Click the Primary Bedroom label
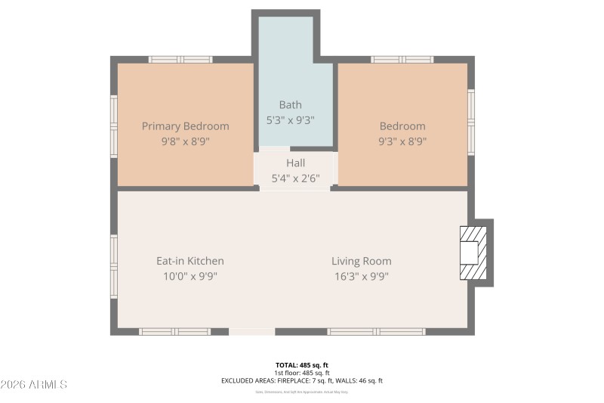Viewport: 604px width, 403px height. [185, 126]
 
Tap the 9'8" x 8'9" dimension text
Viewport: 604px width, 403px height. [185, 141]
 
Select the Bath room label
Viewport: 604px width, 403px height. [290, 105]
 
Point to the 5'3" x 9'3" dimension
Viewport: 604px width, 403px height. [290, 119]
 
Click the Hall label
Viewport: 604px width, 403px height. [295, 163]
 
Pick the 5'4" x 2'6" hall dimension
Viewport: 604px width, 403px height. [295, 178]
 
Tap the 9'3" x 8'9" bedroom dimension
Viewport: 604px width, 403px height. [402, 141]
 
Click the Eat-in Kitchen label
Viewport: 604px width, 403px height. [190, 261]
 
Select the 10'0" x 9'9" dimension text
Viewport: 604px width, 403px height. [190, 276]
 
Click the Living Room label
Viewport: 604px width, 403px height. [361, 261]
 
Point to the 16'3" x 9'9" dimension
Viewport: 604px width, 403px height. [361, 276]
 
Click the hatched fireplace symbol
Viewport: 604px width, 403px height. [474, 253]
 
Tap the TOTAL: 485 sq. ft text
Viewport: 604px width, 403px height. [302, 364]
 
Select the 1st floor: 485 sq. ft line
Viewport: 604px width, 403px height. [302, 373]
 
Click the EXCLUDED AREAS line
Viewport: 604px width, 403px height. [302, 381]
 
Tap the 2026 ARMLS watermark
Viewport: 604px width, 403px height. [34, 384]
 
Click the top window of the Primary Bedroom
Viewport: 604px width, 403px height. [180, 59]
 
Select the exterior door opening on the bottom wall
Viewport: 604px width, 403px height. [251, 331]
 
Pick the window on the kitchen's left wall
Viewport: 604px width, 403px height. [114, 265]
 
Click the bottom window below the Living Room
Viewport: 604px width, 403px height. [376, 331]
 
